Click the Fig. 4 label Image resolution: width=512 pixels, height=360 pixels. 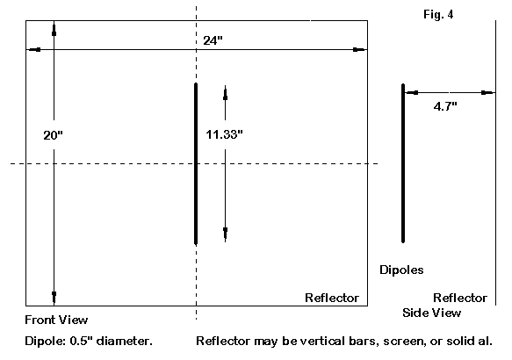pos(438,14)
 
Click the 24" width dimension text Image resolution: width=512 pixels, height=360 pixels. pos(213,40)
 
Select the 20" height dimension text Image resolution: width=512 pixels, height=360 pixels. pos(53,135)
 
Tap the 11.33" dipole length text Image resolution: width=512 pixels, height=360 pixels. pos(224,134)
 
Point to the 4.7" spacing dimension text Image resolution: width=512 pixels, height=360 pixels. pos(445,106)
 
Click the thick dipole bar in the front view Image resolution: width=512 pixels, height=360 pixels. pos(196,163)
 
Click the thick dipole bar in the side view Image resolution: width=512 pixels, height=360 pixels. pos(403,163)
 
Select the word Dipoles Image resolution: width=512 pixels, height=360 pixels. pos(401,270)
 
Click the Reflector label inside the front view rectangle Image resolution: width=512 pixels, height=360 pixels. pos(332,298)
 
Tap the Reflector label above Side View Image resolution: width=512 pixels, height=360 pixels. pos(460,298)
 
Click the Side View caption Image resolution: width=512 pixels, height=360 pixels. pos(432,313)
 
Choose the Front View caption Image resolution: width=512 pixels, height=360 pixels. pos(56,320)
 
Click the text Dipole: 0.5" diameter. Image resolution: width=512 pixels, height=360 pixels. pos(89,341)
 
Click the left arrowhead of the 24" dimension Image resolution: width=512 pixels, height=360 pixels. pos(33,50)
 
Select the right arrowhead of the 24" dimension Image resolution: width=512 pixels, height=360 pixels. pos(360,50)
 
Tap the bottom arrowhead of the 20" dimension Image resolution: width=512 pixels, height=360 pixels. pos(54,298)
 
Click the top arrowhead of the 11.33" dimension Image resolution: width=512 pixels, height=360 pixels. pos(225,93)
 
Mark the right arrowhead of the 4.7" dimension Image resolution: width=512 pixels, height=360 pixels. pos(488,93)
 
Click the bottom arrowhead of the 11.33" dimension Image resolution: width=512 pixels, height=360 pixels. pos(226,234)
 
